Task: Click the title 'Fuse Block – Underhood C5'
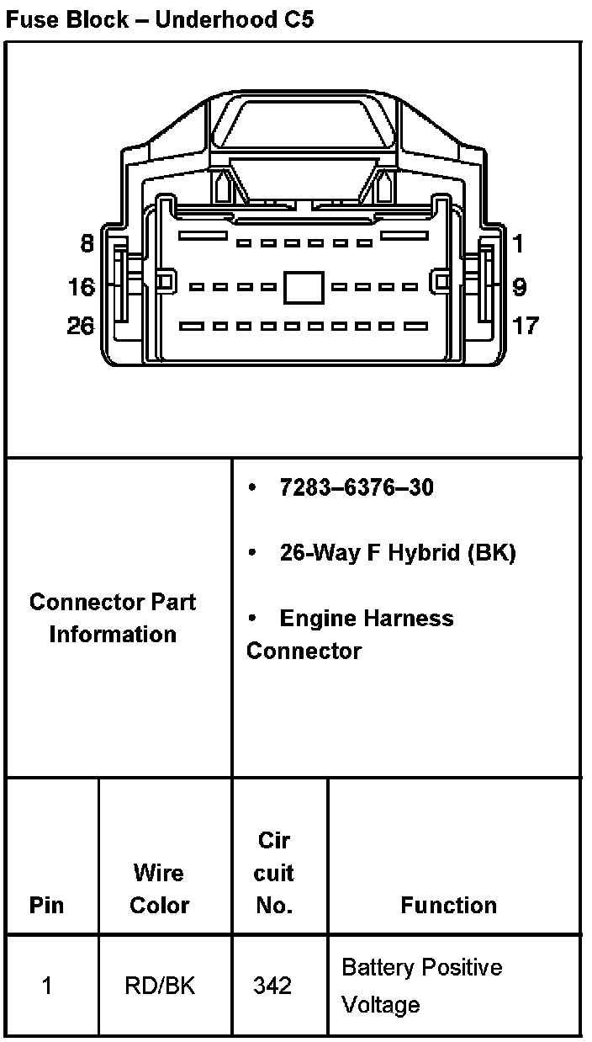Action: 160,19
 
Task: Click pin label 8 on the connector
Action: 87,244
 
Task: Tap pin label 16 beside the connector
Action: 82,287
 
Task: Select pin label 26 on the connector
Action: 81,325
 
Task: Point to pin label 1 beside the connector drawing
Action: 518,244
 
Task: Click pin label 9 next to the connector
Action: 519,287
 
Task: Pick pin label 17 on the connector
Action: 526,325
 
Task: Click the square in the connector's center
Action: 304,287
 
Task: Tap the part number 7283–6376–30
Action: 357,487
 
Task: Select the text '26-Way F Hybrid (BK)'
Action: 397,553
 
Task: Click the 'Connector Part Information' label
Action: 113,618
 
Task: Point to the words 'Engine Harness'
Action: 366,619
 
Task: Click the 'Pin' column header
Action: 46,905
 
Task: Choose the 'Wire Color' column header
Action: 160,889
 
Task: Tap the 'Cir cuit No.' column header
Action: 274,873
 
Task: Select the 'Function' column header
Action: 448,905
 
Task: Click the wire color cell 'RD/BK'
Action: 160,985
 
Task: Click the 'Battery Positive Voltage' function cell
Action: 421,986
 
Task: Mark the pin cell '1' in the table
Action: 47,985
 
